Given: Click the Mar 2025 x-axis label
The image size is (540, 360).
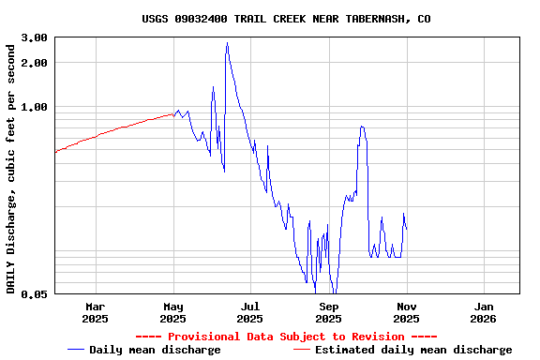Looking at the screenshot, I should coord(95,312).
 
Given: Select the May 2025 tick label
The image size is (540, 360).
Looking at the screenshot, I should coord(173,312).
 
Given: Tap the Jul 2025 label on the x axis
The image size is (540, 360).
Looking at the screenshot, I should coord(250,312).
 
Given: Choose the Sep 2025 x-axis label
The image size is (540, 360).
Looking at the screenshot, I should coord(329,312).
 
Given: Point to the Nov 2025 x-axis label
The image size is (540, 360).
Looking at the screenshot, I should coord(406,312).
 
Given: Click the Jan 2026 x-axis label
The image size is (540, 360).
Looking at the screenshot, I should coord(484,312).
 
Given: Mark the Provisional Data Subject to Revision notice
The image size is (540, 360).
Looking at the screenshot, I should coord(286,337).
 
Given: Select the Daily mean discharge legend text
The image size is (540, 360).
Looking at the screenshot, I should coord(155,350).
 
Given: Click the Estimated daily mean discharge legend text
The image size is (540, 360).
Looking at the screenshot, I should coord(413,350).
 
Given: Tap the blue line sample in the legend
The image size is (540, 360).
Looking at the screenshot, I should coord(76,350).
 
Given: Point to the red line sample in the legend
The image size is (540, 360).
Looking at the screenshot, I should coord(301,350).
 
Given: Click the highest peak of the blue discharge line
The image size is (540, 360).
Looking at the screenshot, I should coord(227,43).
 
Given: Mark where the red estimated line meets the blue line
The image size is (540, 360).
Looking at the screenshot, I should coord(174,114).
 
